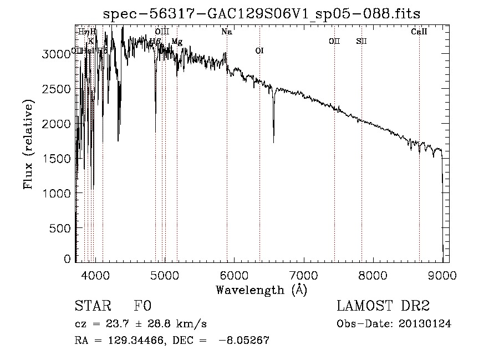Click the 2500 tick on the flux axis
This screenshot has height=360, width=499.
coord(58,89)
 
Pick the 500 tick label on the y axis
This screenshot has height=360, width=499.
coord(62,228)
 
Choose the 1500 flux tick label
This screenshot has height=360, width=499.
coord(58,159)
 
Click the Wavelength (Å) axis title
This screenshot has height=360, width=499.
coord(261,290)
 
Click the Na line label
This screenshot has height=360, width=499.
coord(226,32)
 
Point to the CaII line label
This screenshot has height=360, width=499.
coord(419,32)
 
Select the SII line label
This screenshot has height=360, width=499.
coord(361,41)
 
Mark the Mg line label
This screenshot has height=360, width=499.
coord(176,42)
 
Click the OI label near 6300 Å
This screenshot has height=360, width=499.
coord(259,51)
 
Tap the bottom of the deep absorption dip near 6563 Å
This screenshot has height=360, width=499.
coord(273,142)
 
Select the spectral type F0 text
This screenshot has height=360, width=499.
coord(142,307)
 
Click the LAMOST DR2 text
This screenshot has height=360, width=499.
coord(383,307)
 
